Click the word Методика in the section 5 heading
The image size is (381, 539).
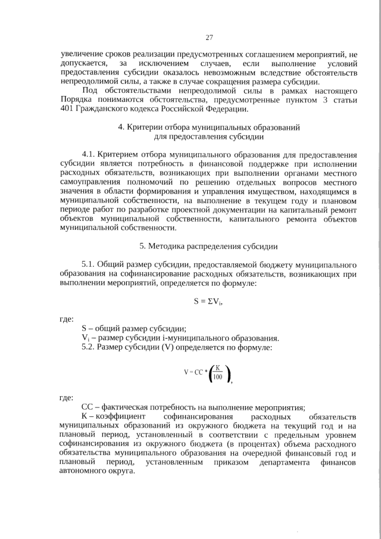(170, 246)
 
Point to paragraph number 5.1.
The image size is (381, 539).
(88, 265)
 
